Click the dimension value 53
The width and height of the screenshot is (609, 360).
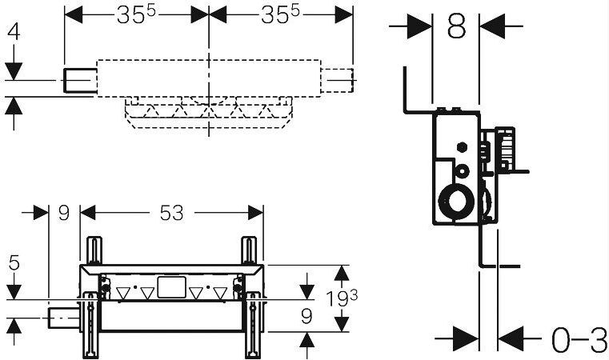coord(172,213)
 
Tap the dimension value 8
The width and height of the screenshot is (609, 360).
coord(456,26)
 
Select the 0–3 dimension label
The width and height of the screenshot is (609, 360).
coord(579,339)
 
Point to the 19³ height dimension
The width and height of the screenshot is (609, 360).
coord(342,298)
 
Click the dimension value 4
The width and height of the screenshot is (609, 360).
coord(14,32)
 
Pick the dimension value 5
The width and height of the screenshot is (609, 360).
coord(14,263)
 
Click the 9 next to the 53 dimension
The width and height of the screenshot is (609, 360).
coord(64,213)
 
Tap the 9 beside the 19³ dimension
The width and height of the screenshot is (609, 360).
coord(307,317)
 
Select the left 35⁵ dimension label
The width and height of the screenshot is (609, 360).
coord(136,14)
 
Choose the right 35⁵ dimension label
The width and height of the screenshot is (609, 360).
coord(280,14)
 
